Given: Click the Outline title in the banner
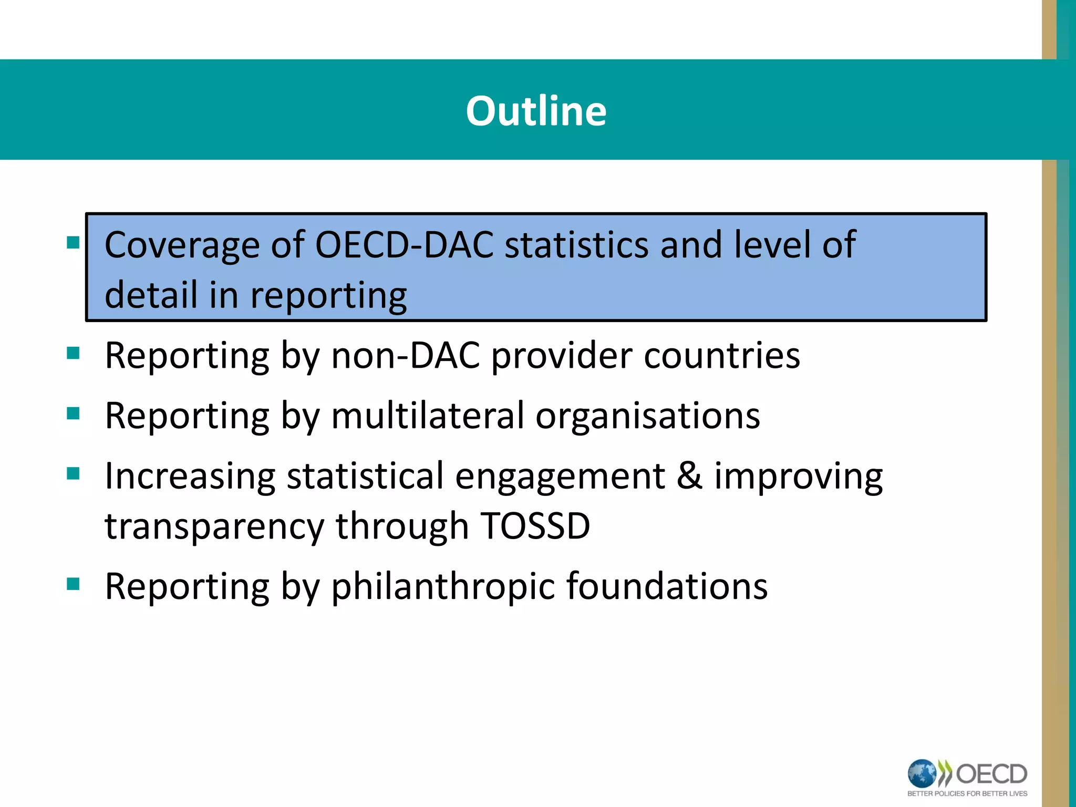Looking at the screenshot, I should [x=536, y=111].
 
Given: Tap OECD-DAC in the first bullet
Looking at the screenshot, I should [x=404, y=245].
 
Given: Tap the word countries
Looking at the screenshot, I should [x=722, y=356].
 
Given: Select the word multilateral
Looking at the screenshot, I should [x=428, y=416].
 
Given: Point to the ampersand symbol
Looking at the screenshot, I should [x=689, y=476].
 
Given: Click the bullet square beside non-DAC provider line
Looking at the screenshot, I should [x=73, y=353].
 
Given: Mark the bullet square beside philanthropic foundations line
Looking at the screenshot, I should [x=73, y=584].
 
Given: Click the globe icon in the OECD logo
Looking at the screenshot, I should [x=922, y=774].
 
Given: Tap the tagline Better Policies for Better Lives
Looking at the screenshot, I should [x=967, y=794].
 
